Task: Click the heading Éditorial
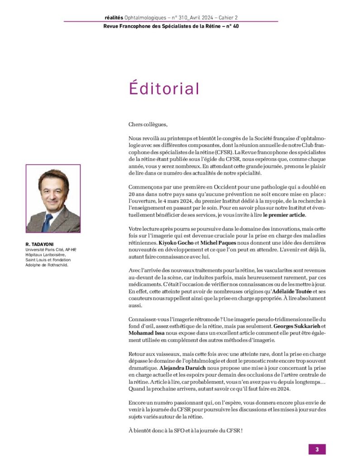click(164, 88)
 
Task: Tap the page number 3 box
click(317, 449)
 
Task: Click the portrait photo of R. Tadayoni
click(53, 198)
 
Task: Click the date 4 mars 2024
click(174, 201)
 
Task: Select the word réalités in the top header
click(113, 18)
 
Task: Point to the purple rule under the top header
click(171, 22)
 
